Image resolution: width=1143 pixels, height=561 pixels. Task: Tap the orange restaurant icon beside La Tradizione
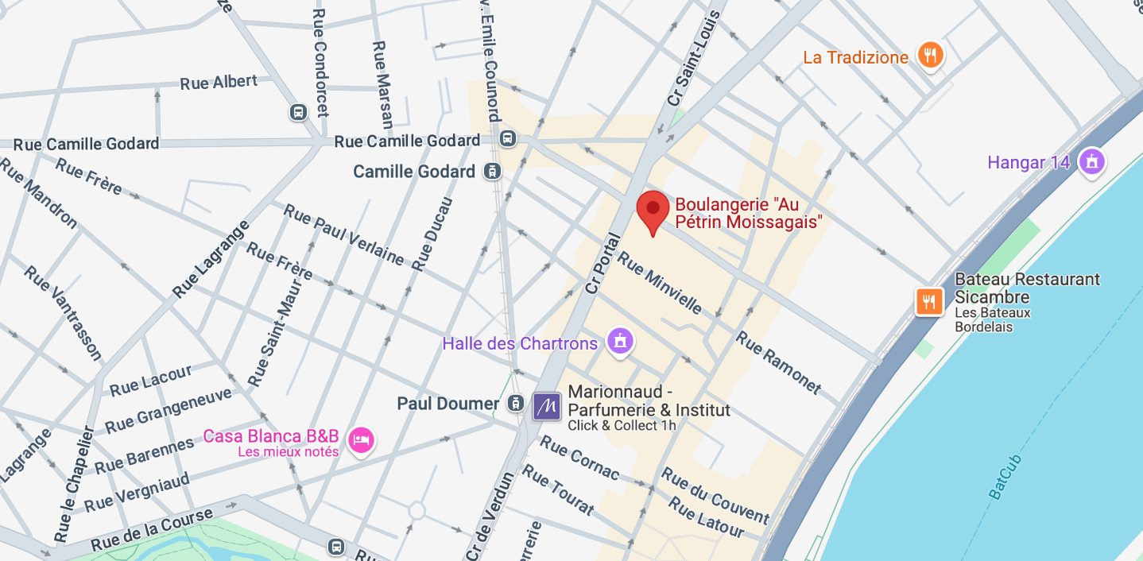click(929, 56)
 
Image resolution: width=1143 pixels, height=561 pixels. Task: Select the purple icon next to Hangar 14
click(1092, 162)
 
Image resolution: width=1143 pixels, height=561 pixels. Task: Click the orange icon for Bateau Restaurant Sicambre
click(929, 301)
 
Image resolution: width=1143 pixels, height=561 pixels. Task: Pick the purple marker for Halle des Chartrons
click(620, 342)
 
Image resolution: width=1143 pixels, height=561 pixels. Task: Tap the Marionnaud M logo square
click(547, 406)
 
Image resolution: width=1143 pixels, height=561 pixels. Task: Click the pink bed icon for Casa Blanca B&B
click(361, 439)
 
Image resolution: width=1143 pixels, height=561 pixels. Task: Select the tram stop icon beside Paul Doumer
click(516, 404)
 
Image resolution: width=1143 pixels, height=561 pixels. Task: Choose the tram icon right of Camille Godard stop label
click(493, 171)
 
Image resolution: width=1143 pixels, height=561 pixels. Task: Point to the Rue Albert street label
click(219, 82)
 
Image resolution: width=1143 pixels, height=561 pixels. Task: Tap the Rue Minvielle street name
click(659, 282)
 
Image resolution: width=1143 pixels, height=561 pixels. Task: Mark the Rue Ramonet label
click(777, 362)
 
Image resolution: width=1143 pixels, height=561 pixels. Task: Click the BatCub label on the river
click(1005, 475)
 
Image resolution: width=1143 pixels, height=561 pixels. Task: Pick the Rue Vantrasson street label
click(63, 311)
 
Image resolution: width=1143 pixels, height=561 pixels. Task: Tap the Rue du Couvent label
click(715, 496)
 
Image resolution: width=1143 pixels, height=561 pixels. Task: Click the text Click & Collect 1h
click(622, 425)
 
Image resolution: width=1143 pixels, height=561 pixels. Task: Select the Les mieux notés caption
click(288, 452)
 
